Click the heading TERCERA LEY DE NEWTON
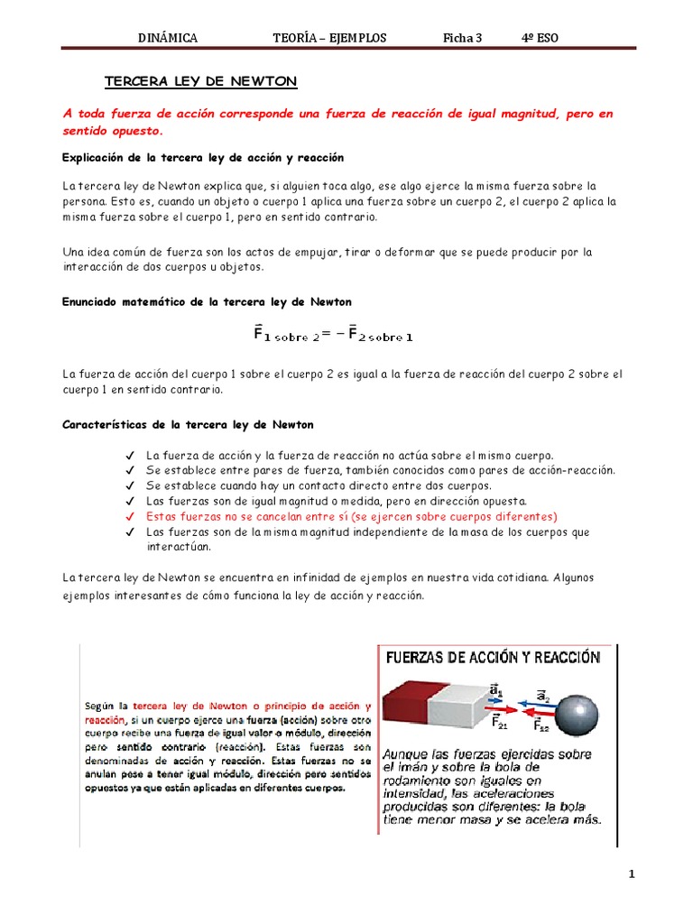point(200,82)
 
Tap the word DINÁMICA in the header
point(167,37)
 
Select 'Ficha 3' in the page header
point(463,37)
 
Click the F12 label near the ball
point(541,725)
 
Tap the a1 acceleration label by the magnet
point(495,690)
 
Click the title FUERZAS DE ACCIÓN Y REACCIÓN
point(493,658)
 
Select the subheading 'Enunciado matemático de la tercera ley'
point(207,301)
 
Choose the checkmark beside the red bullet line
point(131,516)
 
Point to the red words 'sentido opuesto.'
point(113,130)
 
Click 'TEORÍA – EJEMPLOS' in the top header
point(329,37)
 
